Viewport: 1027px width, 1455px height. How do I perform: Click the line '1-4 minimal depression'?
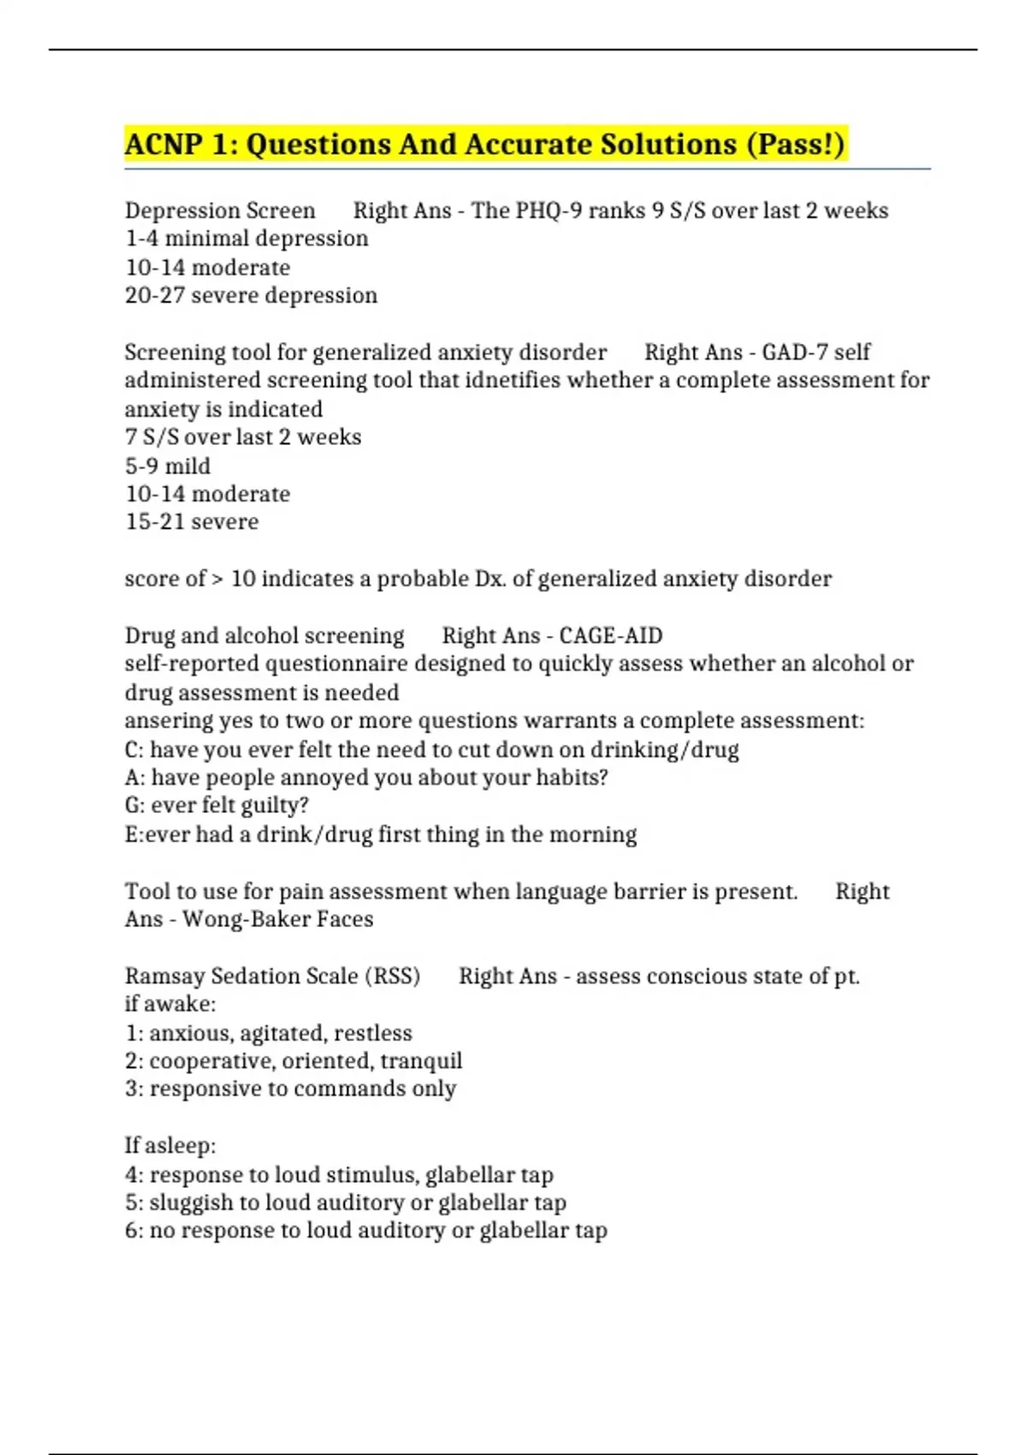(246, 238)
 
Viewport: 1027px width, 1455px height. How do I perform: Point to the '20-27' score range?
(155, 295)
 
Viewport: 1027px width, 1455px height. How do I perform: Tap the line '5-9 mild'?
(168, 466)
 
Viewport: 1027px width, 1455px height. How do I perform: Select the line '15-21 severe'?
(192, 521)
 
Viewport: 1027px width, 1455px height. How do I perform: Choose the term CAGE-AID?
(610, 636)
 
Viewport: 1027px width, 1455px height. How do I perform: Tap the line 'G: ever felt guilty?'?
(217, 805)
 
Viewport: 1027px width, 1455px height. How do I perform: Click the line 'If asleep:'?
(170, 1145)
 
